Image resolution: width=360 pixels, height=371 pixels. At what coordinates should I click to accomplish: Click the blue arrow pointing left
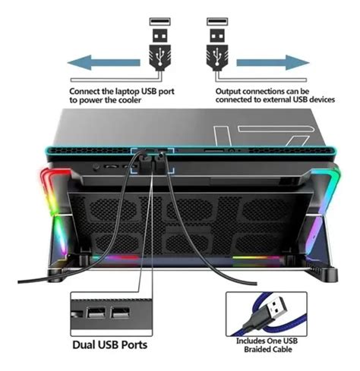tap(103, 62)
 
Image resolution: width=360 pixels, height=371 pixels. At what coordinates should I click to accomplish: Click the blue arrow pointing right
tap(273, 62)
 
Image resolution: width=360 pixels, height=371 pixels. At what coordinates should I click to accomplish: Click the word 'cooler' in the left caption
tap(128, 100)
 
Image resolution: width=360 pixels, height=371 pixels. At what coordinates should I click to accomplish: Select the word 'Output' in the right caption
tap(228, 91)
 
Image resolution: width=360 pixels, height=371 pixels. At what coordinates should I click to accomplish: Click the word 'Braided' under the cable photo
tap(257, 350)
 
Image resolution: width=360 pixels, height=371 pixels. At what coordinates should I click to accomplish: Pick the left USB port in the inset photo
tap(96, 313)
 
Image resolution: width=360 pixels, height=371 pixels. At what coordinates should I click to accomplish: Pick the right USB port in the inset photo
tap(120, 313)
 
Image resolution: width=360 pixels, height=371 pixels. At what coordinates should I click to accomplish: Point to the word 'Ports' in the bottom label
tap(134, 344)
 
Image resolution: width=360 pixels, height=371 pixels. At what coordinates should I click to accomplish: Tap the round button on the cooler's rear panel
tap(96, 167)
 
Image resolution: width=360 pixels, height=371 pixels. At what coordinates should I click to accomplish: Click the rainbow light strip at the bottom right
tap(256, 258)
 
